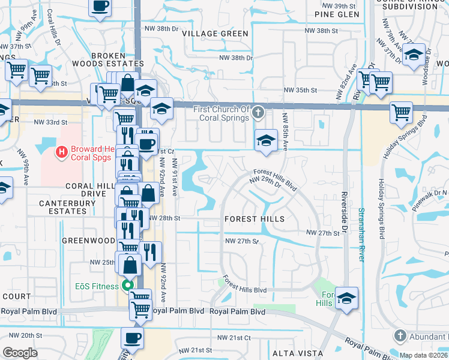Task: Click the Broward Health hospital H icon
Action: [x=61, y=153]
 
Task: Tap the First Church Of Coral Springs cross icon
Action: [x=258, y=112]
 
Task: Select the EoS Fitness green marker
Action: [x=127, y=286]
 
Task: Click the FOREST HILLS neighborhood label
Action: [x=255, y=220]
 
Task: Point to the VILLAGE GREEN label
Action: [x=215, y=34]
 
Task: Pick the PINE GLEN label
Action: [x=336, y=14]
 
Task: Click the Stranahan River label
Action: [x=361, y=234]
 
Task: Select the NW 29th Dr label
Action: [x=265, y=181]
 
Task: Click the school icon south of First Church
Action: [x=263, y=140]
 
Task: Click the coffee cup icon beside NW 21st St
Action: [x=133, y=337]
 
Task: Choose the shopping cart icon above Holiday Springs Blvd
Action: [x=400, y=112]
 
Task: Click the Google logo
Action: [x=20, y=353]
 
